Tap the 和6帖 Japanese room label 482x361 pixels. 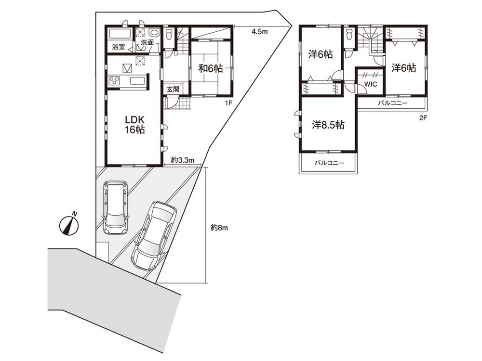[x=211, y=68]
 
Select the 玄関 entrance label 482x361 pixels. [x=174, y=89]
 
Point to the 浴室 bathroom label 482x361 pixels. [x=119, y=47]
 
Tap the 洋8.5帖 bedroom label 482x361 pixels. [x=328, y=125]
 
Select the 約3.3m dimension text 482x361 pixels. [x=182, y=160]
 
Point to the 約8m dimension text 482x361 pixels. [x=219, y=228]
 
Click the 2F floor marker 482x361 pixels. [x=423, y=117]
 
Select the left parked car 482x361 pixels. [x=115, y=207]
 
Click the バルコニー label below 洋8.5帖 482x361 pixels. [x=329, y=163]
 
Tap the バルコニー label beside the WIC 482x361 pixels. [x=392, y=103]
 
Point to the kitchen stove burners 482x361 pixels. [x=115, y=80]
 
